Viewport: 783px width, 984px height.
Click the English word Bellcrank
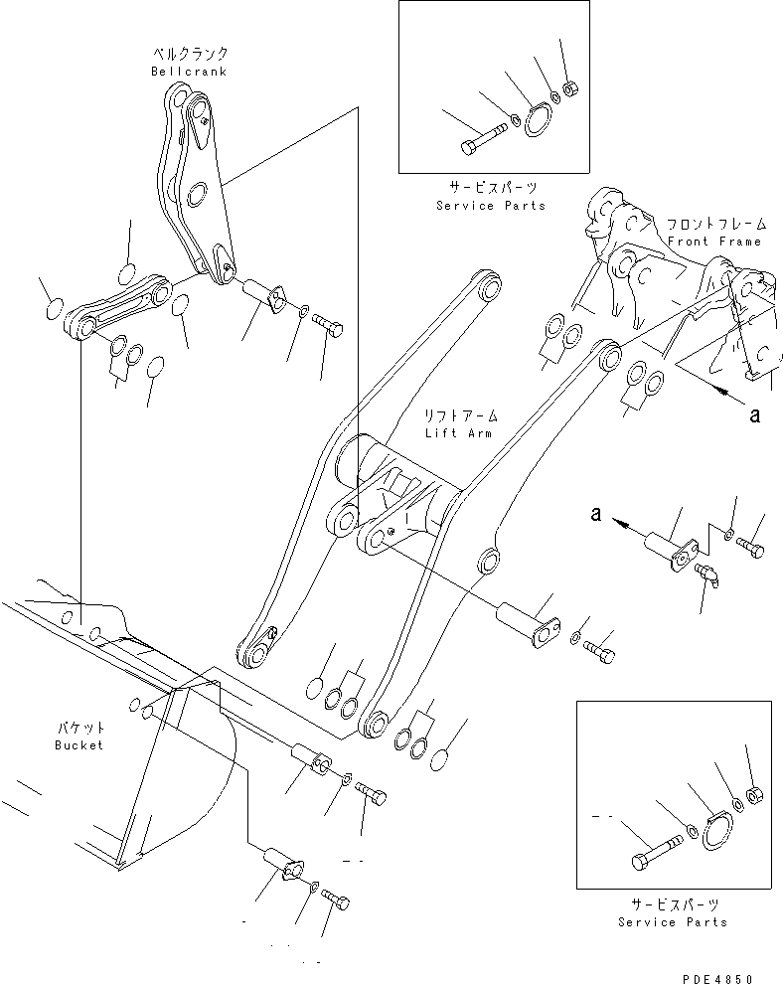(x=189, y=72)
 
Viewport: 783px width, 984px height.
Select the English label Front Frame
(x=713, y=242)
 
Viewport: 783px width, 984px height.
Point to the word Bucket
(x=79, y=744)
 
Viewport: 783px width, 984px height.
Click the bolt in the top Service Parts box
(x=475, y=144)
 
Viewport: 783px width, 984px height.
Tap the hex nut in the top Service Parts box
(x=570, y=90)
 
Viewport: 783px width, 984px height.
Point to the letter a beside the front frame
(x=754, y=414)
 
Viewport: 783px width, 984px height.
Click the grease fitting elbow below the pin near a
(x=708, y=575)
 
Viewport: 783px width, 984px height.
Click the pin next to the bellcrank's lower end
(x=263, y=295)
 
